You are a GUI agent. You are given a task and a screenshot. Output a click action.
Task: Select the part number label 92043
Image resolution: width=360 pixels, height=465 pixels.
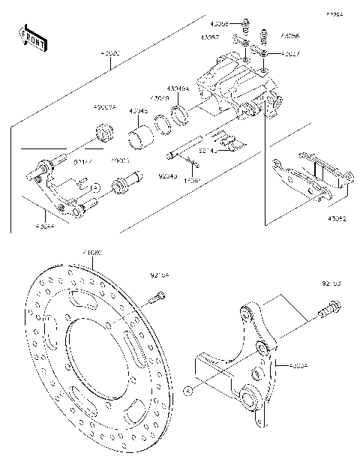pyautogui.click(x=168, y=176)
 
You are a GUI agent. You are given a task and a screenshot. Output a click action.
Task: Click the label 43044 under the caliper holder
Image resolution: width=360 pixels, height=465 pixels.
pyautogui.click(x=45, y=223)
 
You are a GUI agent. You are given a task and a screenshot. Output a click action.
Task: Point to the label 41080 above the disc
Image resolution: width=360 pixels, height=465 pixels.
pyautogui.click(x=94, y=253)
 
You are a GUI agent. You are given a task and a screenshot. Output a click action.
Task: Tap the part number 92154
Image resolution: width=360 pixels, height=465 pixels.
pyautogui.click(x=160, y=275)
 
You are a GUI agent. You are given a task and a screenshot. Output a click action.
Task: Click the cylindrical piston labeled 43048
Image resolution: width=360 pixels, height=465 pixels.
pyautogui.click(x=139, y=139)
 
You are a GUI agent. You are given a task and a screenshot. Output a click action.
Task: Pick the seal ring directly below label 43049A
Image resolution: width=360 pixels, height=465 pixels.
pyautogui.click(x=180, y=115)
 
